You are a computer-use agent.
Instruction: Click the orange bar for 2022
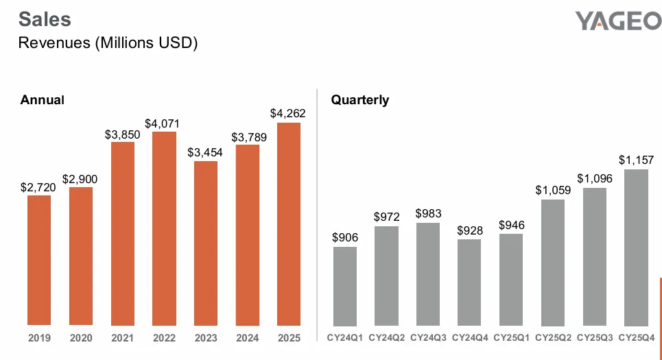(x=164, y=228)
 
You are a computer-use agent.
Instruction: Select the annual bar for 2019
(x=39, y=260)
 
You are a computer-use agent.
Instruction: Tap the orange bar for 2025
(x=289, y=224)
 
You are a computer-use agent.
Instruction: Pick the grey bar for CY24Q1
(x=345, y=286)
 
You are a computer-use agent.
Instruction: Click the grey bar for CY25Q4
(x=636, y=248)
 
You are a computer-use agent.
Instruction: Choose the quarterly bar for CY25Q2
(x=553, y=263)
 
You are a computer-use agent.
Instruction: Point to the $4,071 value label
(x=162, y=123)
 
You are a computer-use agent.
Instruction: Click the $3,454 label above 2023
(x=205, y=152)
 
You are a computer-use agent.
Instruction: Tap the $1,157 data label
(x=636, y=160)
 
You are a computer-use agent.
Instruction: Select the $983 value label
(x=428, y=213)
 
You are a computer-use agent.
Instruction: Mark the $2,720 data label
(x=38, y=187)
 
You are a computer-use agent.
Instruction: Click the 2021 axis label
(x=122, y=337)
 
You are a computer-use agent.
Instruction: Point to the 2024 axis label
(x=248, y=337)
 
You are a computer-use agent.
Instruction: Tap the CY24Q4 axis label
(x=470, y=337)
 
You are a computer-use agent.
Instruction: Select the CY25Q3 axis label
(x=595, y=337)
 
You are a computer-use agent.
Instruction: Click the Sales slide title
(x=45, y=19)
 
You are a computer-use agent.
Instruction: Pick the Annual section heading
(x=43, y=100)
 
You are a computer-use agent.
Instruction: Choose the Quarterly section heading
(x=360, y=100)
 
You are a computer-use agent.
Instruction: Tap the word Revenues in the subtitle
(x=54, y=43)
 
